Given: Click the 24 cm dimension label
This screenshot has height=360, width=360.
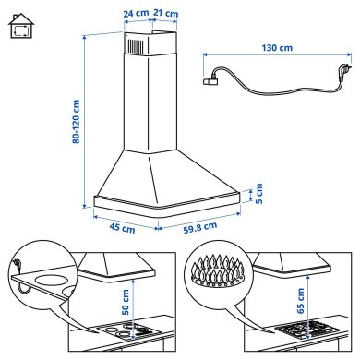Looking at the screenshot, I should (x=134, y=14).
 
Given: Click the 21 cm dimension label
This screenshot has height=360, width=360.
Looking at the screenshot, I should (x=167, y=14).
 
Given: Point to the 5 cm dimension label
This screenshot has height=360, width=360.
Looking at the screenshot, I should (x=259, y=194).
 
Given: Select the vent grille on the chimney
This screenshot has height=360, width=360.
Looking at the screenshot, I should (x=135, y=46).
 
